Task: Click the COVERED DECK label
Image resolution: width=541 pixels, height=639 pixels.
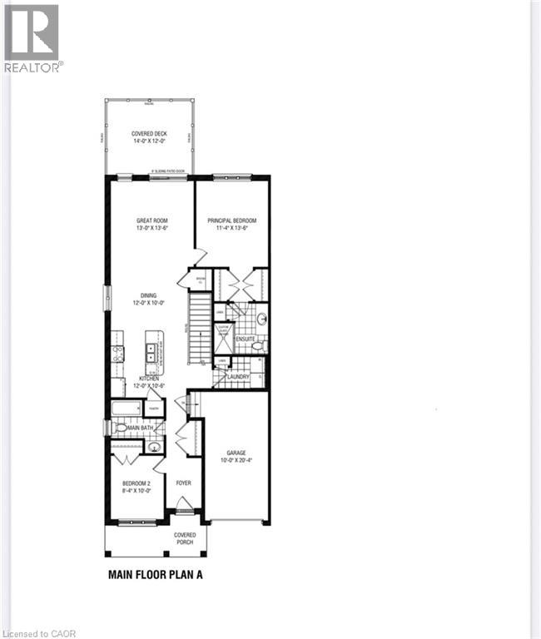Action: point(148,134)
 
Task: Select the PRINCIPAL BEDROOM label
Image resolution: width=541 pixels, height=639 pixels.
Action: point(232,220)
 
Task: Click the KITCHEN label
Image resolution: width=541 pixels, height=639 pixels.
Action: point(150,379)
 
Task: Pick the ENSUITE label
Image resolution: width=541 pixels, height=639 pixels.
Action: point(246,339)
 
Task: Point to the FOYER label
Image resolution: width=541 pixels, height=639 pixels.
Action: point(183,483)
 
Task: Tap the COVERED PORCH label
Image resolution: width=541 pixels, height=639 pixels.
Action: point(185,540)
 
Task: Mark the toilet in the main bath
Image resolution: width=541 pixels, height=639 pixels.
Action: point(122,428)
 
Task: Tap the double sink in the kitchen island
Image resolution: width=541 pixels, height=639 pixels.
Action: point(153,351)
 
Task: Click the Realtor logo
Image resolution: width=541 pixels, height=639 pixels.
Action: point(32,38)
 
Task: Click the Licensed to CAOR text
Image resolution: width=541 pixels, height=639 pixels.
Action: point(39,632)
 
